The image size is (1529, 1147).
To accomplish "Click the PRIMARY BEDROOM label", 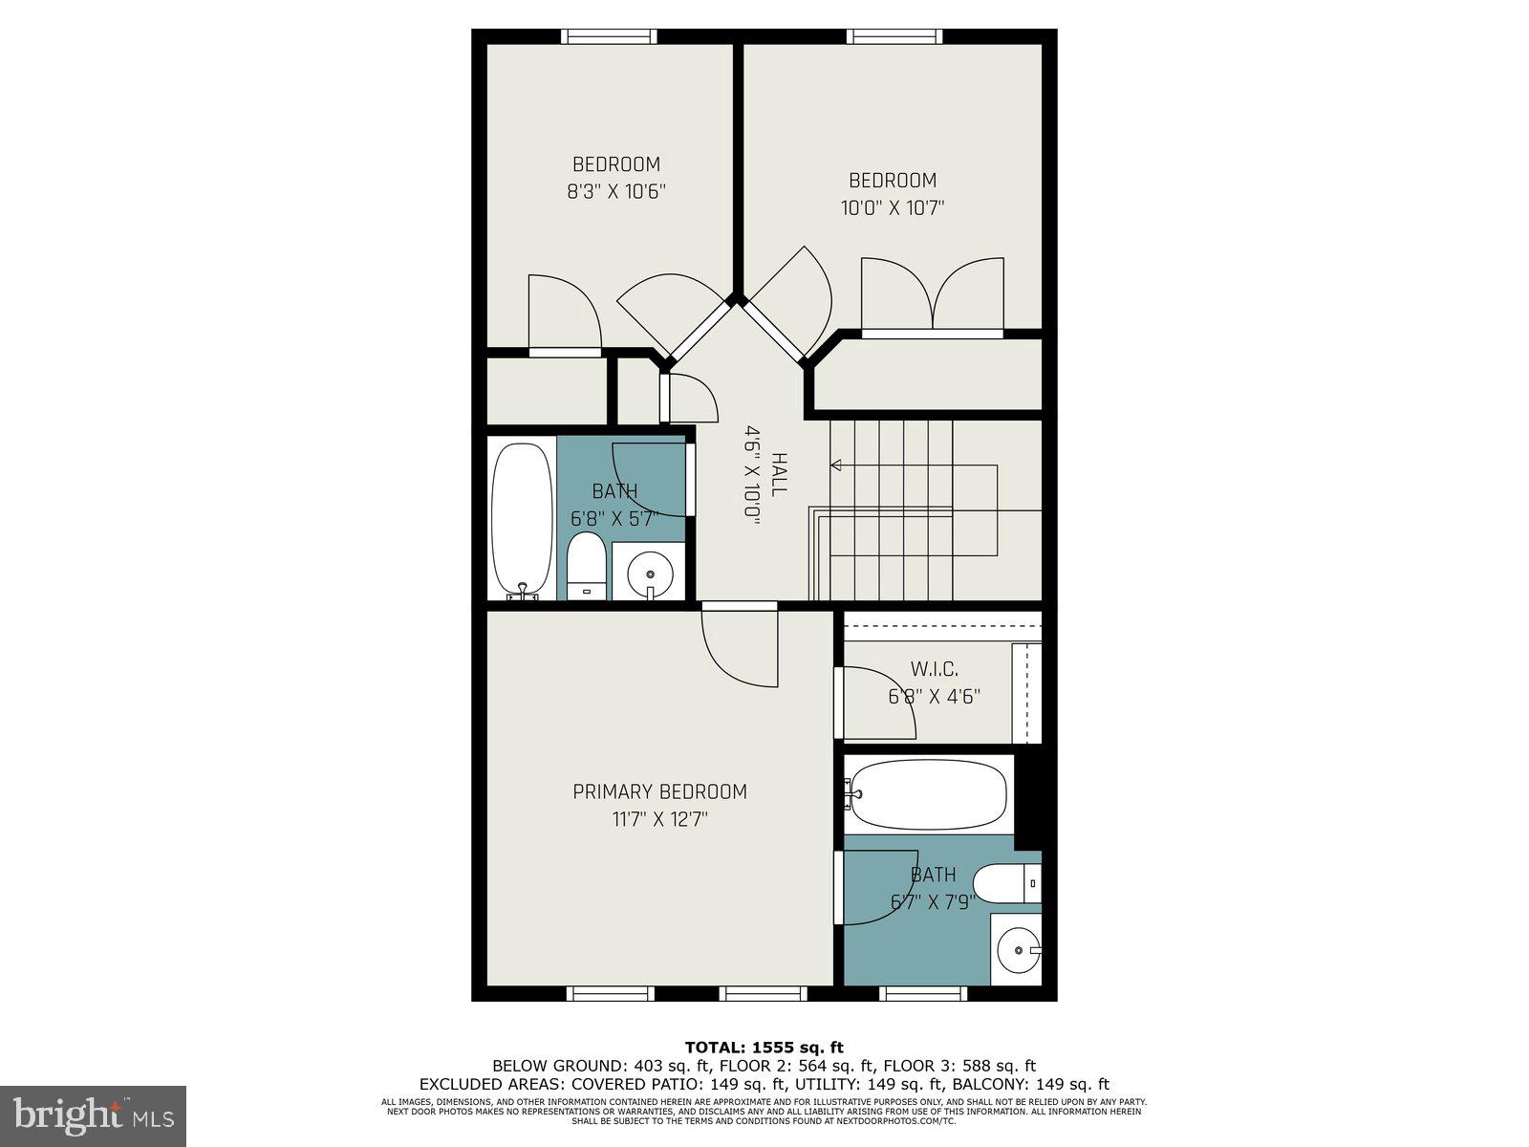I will point(659,791).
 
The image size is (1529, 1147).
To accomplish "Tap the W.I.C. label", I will point(934,669).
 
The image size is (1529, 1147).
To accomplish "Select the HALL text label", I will point(779,473).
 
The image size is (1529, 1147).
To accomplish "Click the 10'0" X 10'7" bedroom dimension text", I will point(893,207).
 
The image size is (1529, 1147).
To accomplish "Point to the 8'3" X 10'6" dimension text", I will point(615,191).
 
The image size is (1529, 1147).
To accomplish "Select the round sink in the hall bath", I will point(650,573).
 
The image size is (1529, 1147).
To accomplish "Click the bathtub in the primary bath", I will point(929,795).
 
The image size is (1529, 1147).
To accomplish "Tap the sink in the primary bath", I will point(1017,950).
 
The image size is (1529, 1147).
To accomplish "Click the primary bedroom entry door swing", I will point(742,646).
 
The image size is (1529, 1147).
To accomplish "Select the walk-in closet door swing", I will point(874,703).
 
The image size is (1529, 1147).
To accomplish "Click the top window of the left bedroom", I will point(609,36).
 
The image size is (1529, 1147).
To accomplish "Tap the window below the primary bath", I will point(923,994).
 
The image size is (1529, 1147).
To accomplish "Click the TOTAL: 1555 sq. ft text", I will point(764,1047).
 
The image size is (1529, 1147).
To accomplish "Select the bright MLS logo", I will point(93,1115).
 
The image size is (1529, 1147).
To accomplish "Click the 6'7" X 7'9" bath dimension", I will point(932,901).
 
